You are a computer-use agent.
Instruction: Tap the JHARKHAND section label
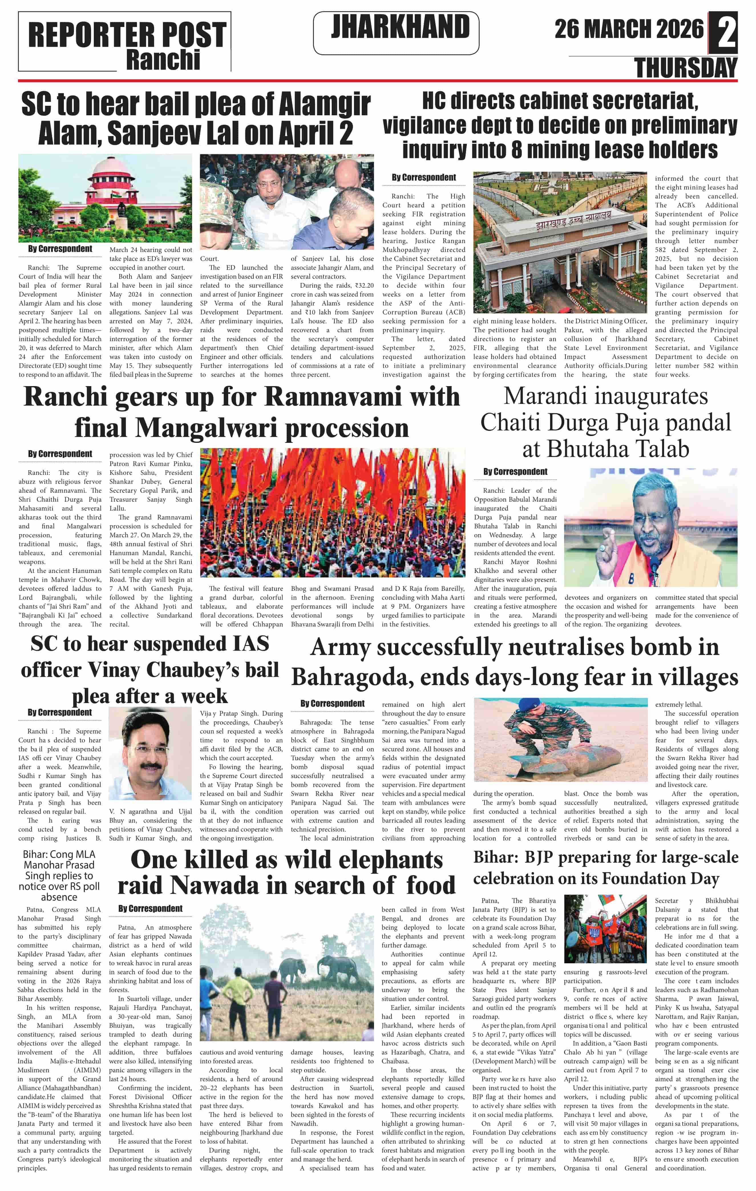pyautogui.click(x=400, y=27)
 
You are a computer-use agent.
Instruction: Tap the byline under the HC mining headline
pyautogui.click(x=424, y=177)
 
